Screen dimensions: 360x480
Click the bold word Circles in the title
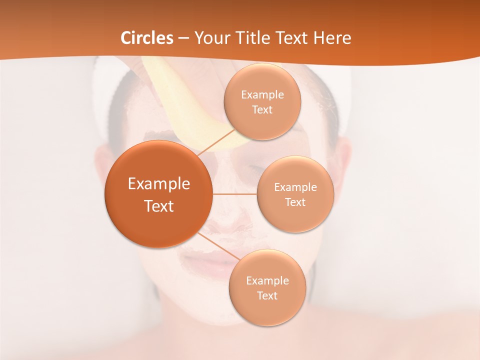pyautogui.click(x=147, y=38)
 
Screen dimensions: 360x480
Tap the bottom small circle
pyautogui.click(x=267, y=310)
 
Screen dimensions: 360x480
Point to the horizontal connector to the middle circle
pyautogui.click(x=235, y=194)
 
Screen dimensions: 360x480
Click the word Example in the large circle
pyautogui.click(x=159, y=184)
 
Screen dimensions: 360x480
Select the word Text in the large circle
pyautogui.click(x=159, y=206)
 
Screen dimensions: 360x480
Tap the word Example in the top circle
pyautogui.click(x=262, y=94)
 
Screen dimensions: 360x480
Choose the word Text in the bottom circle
pyautogui.click(x=267, y=295)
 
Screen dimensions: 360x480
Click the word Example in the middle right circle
pyautogui.click(x=295, y=187)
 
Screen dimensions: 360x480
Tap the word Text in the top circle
pyautogui.click(x=262, y=109)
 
